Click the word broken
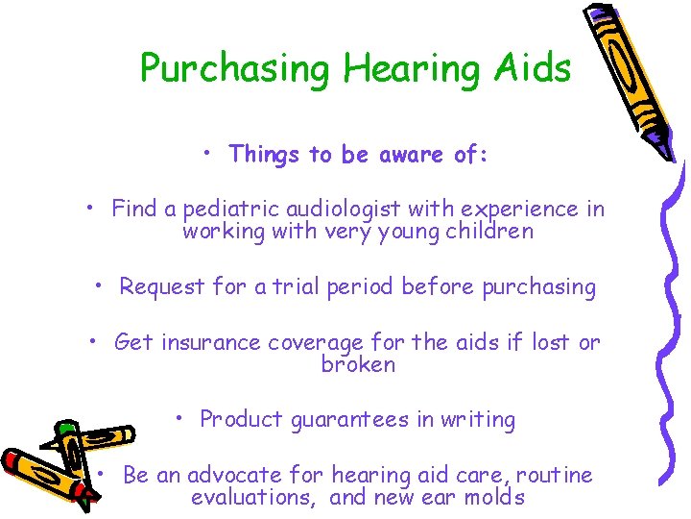click(358, 364)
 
